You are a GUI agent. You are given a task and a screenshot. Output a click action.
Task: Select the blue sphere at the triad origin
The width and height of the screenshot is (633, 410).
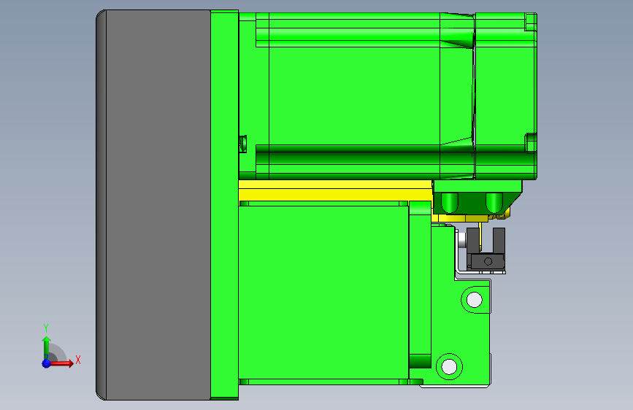[46, 363]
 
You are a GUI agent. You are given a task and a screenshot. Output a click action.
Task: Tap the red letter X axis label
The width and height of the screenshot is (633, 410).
[78, 360]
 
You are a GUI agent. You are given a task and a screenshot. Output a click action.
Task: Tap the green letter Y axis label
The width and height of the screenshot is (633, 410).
[46, 328]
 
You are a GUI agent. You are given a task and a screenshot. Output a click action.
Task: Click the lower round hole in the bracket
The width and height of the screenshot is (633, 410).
[448, 365]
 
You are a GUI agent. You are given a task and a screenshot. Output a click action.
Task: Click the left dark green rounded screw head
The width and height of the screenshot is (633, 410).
[450, 201]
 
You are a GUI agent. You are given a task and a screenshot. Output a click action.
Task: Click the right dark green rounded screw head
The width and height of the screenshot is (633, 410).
[494, 201]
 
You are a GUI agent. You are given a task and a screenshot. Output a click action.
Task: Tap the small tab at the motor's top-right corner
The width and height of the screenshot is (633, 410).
[531, 22]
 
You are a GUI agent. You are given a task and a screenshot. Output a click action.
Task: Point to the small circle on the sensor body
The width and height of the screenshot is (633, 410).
[488, 260]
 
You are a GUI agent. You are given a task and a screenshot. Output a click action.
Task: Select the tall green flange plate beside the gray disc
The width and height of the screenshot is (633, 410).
[224, 204]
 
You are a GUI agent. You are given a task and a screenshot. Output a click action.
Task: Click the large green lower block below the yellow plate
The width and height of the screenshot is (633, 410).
[321, 292]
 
